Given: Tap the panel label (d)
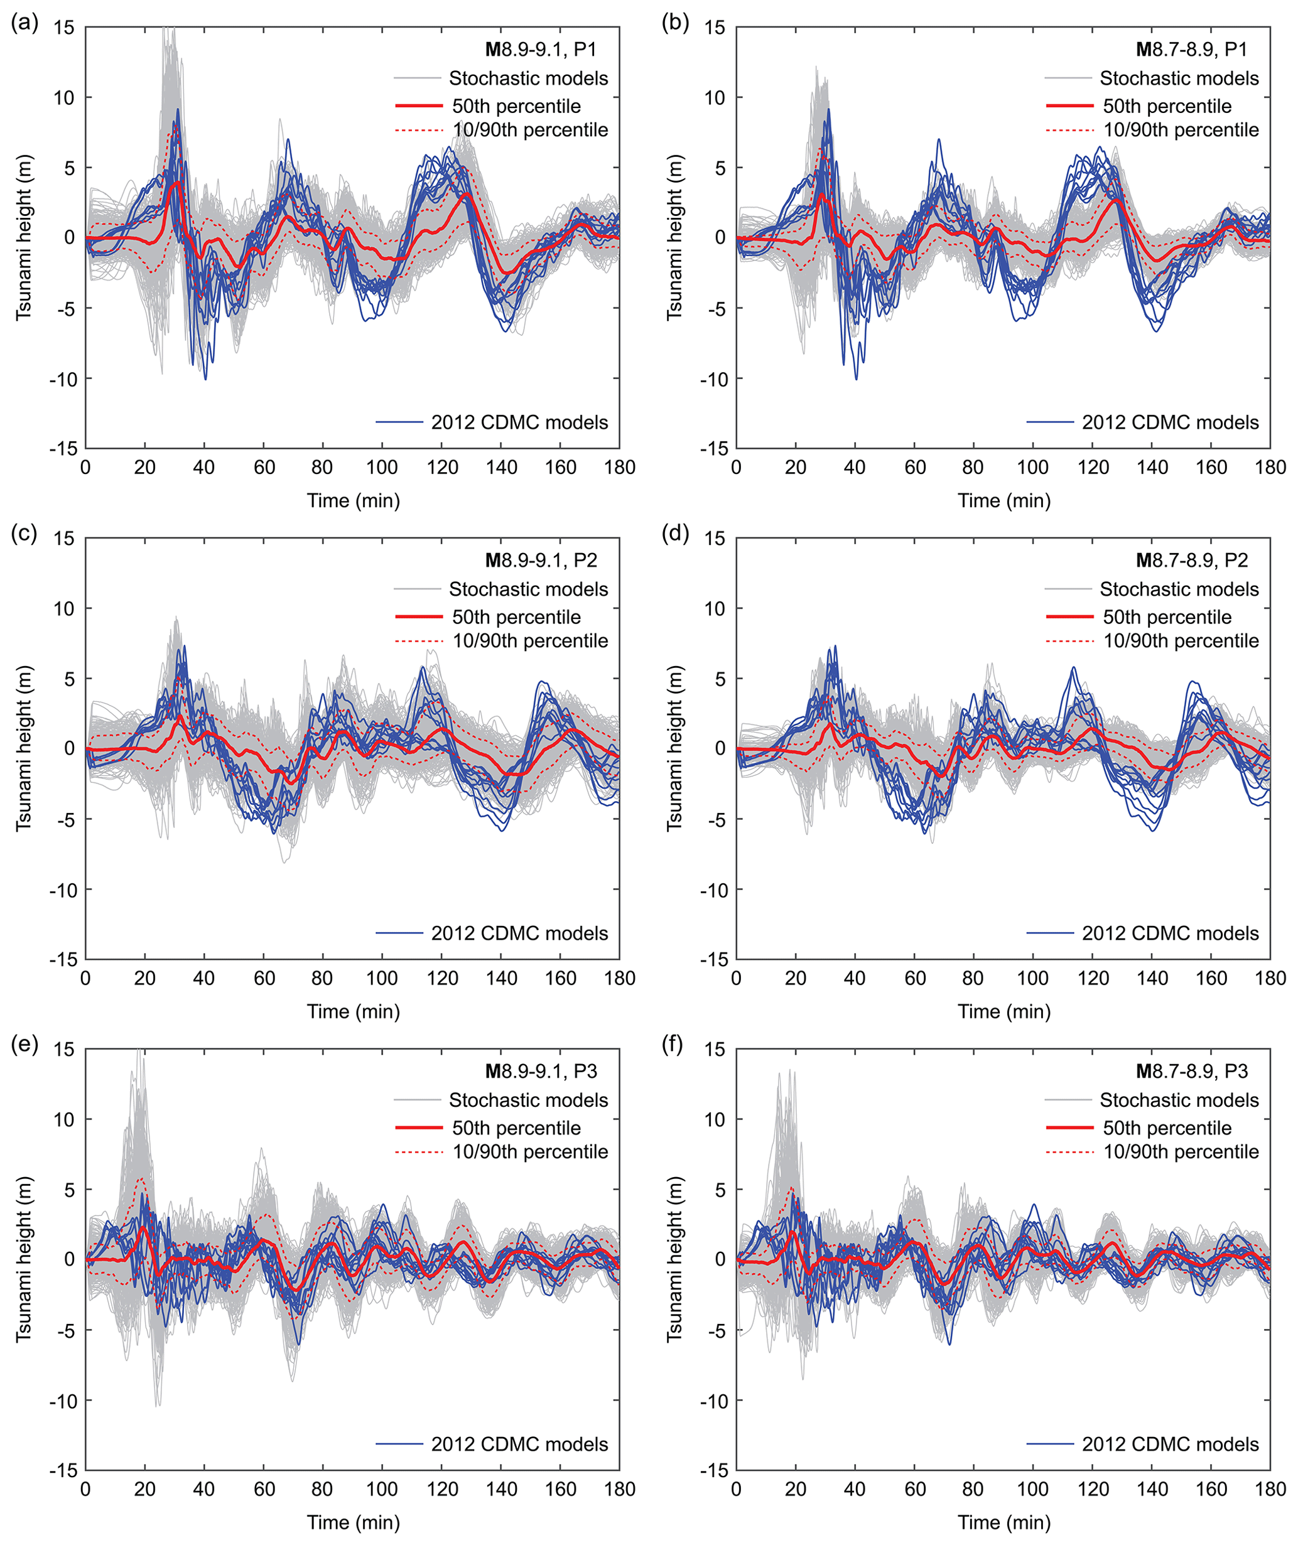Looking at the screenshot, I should click(675, 534).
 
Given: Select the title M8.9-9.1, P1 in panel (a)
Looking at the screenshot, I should click(540, 50).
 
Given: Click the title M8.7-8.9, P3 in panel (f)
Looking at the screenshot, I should click(1191, 1071).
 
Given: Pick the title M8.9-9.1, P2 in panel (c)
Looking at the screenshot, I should click(540, 561).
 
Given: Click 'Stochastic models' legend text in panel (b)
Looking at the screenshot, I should click(1179, 78).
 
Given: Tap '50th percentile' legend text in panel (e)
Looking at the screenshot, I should click(516, 1128).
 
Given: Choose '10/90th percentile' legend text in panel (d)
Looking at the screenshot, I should click(1181, 641).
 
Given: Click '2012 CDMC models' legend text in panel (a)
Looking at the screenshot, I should click(519, 423).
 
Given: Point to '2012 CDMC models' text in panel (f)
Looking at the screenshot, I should click(1170, 1444).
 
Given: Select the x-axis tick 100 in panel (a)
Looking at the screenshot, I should click(382, 467).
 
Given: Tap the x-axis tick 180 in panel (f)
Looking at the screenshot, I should click(1270, 1489).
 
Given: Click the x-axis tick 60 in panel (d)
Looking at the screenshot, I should click(915, 979).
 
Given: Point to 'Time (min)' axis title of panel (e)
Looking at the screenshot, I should click(353, 1522).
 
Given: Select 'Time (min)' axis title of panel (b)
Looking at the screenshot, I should click(1003, 500).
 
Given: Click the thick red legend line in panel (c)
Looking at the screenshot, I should click(419, 616).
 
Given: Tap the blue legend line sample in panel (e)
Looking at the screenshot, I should click(399, 1444).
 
